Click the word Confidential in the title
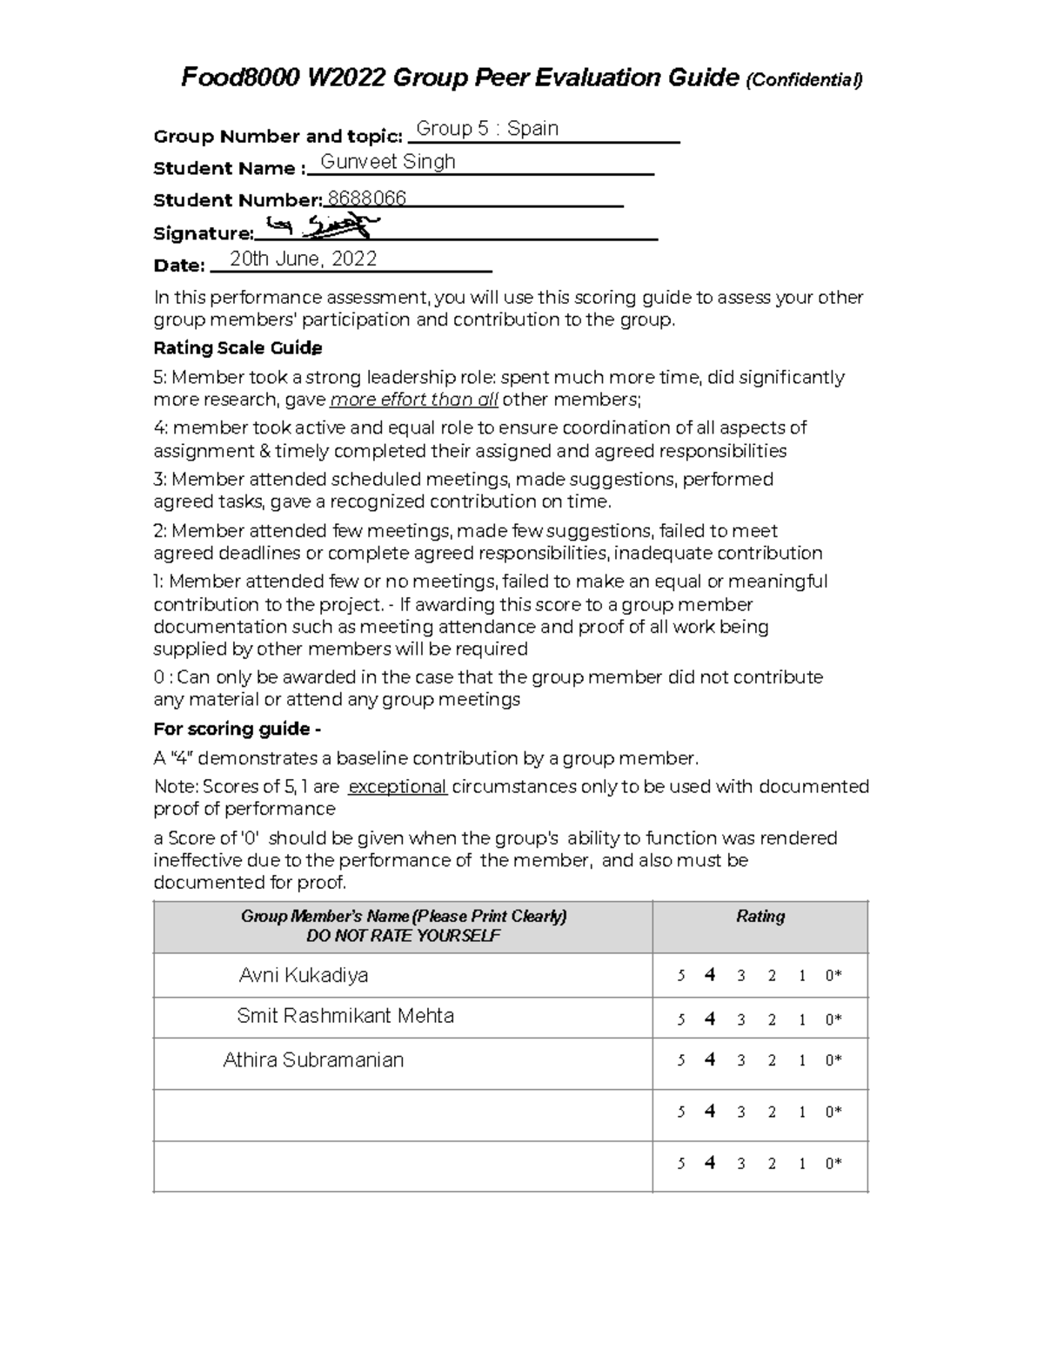804,81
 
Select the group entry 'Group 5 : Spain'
487,129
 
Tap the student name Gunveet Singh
388,162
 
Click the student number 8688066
366,198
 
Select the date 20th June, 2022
303,259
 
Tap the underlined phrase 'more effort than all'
414,400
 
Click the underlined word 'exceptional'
398,787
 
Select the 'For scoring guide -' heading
237,729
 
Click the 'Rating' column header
760,916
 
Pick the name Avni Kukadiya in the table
303,975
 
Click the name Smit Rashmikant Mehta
345,1016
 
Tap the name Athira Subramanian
313,1060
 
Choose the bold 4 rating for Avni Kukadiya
710,975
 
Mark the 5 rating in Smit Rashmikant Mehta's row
681,1019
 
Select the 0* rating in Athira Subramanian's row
833,1060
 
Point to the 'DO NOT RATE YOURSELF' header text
403,936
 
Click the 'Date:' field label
179,266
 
